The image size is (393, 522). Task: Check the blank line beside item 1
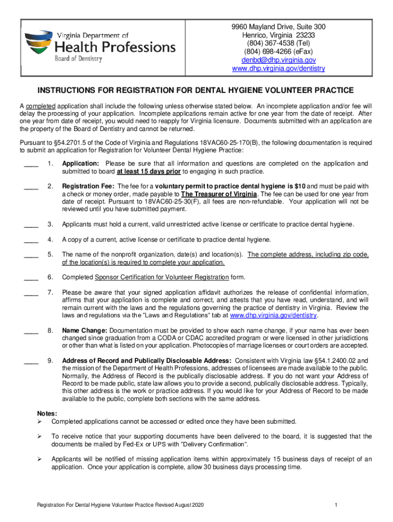tap(31, 164)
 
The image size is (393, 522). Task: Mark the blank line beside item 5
tap(31, 255)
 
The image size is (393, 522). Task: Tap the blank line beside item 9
tap(31, 361)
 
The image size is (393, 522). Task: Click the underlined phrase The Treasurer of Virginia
tap(219, 194)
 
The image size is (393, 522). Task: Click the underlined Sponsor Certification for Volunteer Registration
tap(162, 277)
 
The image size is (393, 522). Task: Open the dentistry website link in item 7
tap(274, 316)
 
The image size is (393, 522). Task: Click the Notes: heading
tap(47, 413)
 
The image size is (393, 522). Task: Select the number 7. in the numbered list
tap(51, 292)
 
